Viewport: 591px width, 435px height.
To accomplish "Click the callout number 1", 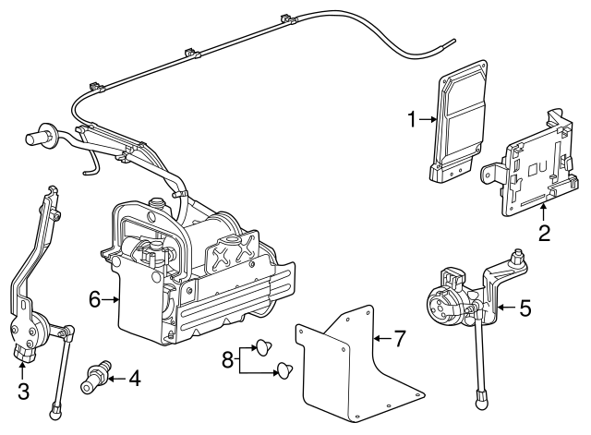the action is [x=413, y=119].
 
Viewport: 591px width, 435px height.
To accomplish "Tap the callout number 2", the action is [x=544, y=233].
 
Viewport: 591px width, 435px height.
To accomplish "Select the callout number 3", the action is [x=23, y=392].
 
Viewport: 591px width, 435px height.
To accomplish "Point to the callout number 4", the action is [x=135, y=378].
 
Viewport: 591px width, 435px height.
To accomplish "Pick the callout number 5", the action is [x=525, y=308].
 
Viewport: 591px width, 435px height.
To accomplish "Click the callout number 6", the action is [x=95, y=299].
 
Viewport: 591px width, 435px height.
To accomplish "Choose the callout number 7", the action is [x=399, y=338].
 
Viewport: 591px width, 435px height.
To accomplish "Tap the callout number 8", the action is [x=228, y=360].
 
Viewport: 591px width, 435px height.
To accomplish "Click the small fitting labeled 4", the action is [x=96, y=376].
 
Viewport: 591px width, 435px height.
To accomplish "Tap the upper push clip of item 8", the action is [x=264, y=347].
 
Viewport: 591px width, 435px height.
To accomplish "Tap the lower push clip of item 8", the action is [x=285, y=369].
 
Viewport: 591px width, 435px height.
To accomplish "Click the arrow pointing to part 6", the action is [x=111, y=299].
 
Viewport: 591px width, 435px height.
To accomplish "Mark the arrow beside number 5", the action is [x=507, y=308].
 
